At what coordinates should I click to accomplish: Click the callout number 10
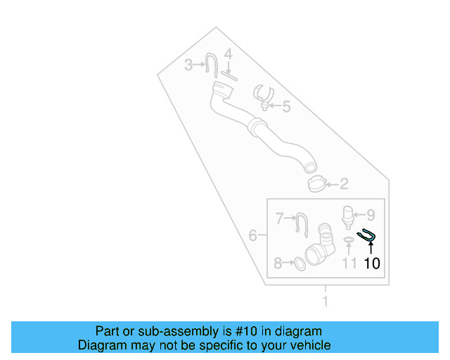pos(372,264)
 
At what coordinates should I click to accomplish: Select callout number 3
pos(188,65)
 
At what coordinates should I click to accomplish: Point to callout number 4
pos(228,54)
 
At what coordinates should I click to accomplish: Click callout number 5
pos(286,107)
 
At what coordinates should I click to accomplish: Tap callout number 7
pos(278,264)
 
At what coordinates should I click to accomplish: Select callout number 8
pos(371,214)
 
